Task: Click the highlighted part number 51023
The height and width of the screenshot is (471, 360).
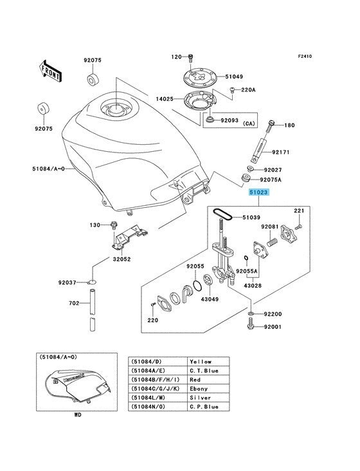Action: (x=258, y=192)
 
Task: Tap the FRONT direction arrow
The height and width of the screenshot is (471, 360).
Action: (x=50, y=71)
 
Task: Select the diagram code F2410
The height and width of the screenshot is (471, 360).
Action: (x=305, y=56)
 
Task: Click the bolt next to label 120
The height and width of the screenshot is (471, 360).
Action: (x=190, y=58)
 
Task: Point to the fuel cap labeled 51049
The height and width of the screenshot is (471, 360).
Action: (x=201, y=77)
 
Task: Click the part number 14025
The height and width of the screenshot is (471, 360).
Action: (x=165, y=98)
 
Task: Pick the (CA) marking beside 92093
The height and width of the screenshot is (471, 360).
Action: (x=249, y=124)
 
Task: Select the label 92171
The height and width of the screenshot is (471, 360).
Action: (x=281, y=152)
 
